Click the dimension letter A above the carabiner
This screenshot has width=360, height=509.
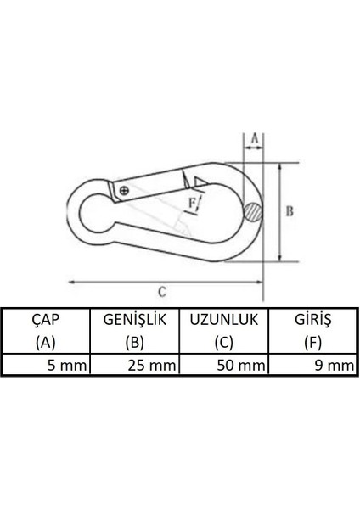click(x=252, y=136)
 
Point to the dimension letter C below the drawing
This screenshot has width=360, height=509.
click(x=161, y=291)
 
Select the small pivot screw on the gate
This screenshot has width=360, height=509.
click(x=125, y=190)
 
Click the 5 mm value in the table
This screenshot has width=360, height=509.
click(x=66, y=366)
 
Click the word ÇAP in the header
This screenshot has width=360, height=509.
click(x=45, y=320)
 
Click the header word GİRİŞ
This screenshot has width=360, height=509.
click(x=312, y=320)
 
